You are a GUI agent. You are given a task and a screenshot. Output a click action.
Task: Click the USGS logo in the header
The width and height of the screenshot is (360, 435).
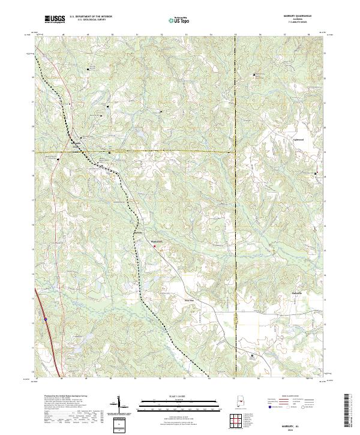pos(55,19)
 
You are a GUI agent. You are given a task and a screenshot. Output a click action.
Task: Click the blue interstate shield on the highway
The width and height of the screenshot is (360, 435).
pos(45,319)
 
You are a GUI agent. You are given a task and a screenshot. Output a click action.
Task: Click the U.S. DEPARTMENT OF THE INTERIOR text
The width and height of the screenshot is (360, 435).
pos(90,16)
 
